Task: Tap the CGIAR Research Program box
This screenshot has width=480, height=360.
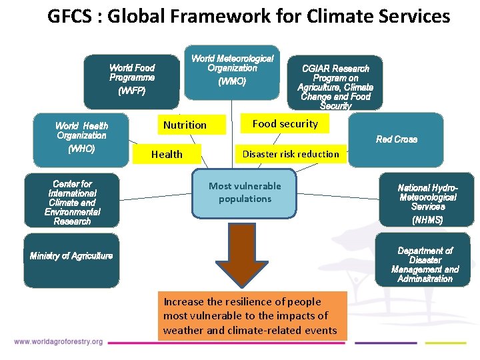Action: [335, 83]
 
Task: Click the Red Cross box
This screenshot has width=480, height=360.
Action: [396, 139]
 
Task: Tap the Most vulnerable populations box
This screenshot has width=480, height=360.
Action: [245, 193]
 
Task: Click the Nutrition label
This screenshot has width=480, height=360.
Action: [185, 125]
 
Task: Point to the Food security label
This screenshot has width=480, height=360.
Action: [285, 123]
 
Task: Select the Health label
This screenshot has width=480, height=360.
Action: [167, 154]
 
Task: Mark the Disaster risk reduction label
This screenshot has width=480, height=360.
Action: [291, 154]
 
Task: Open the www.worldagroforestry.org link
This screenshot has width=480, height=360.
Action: [58, 342]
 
